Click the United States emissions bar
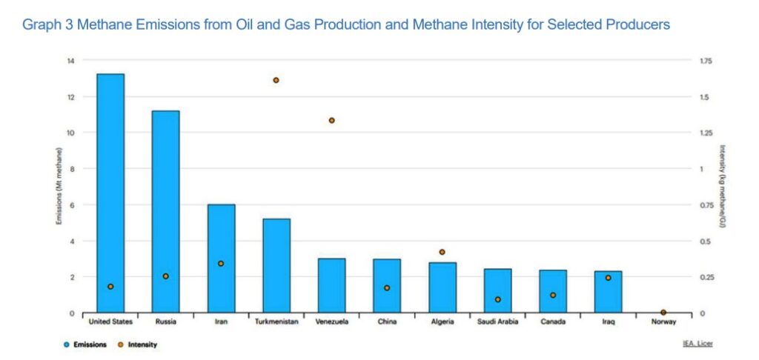pyautogui.click(x=110, y=193)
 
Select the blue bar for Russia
pyautogui.click(x=165, y=211)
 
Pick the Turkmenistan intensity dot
pyautogui.click(x=276, y=80)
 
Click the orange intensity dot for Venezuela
pyautogui.click(x=331, y=120)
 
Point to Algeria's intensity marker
pyautogui.click(x=443, y=253)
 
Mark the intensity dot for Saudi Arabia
pyautogui.click(x=498, y=300)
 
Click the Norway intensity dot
pyautogui.click(x=663, y=313)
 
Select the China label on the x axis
pyautogui.click(x=386, y=322)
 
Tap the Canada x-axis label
pyautogui.click(x=553, y=322)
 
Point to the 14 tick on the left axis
pyautogui.click(x=72, y=61)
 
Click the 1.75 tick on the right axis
pyautogui.click(x=703, y=61)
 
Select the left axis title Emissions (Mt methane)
pyautogui.click(x=59, y=186)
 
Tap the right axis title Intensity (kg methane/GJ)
pyautogui.click(x=721, y=186)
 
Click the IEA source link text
pyautogui.click(x=698, y=344)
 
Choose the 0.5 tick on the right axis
pyautogui.click(x=701, y=241)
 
